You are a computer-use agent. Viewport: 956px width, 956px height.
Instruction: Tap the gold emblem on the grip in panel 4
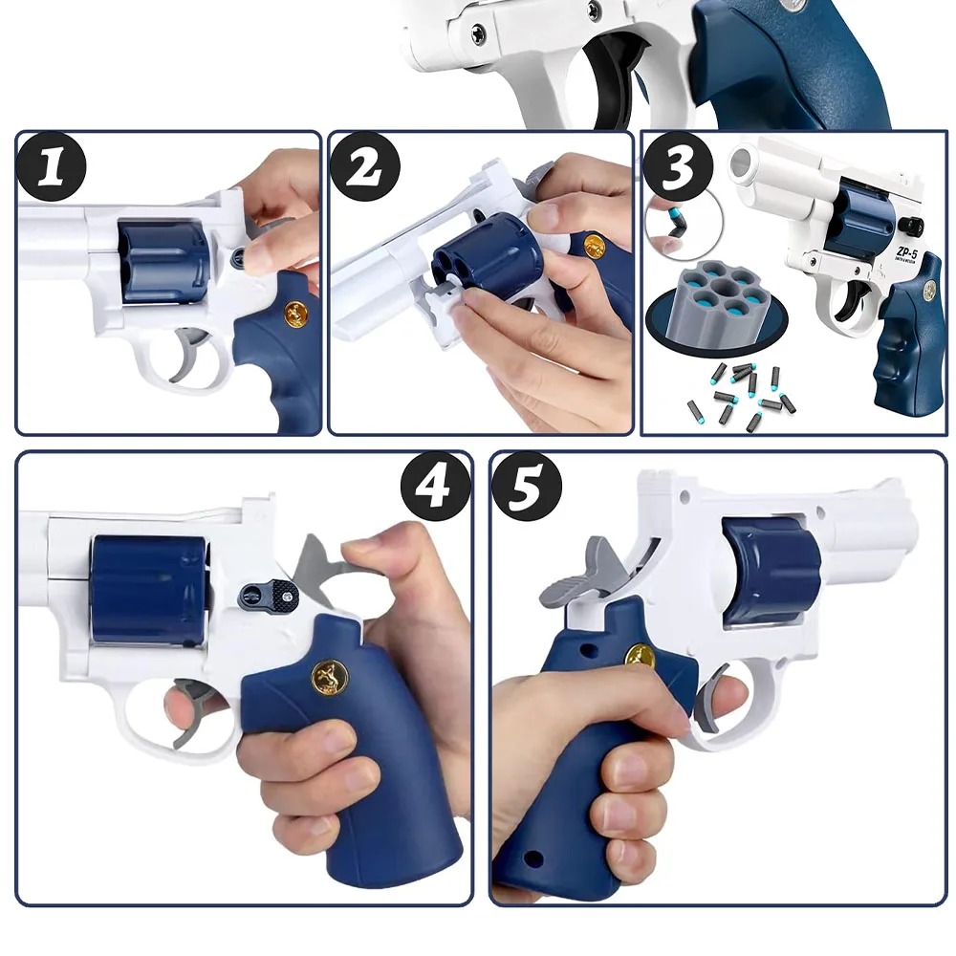330,678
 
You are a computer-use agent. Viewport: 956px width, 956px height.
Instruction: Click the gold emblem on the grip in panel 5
640,656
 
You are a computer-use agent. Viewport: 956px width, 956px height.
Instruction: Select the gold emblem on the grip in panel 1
296,314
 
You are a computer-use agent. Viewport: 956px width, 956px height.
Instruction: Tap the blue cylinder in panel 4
148,589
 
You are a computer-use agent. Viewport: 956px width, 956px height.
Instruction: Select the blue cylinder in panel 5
771,572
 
